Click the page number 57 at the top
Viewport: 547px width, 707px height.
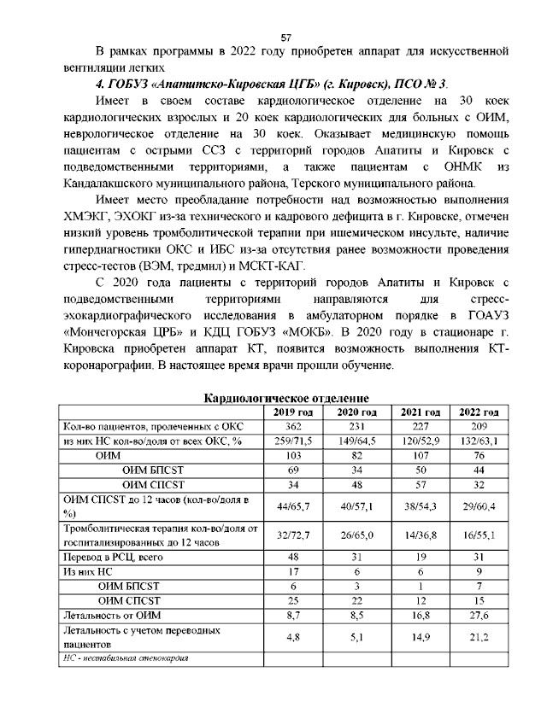point(286,37)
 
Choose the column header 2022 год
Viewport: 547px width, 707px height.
point(479,412)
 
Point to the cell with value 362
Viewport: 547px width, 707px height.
point(293,426)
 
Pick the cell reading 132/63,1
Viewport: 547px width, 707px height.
point(479,441)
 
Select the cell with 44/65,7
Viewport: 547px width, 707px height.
point(293,506)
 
